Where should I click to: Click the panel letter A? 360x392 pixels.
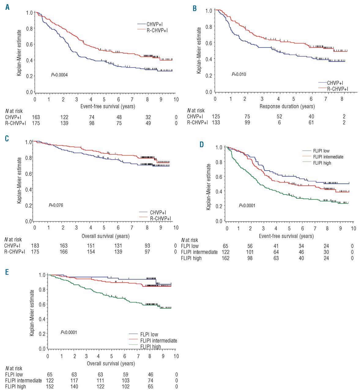pos(7,7)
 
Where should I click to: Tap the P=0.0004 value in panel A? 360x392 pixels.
pos(59,75)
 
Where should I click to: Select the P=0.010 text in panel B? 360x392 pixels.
pos(239,74)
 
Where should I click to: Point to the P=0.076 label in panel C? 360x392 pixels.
pos(56,205)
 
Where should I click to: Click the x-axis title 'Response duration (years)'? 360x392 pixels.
pos(287,106)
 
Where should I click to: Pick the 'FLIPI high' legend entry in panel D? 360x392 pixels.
pos(322,163)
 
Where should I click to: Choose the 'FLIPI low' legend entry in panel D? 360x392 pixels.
pos(321,151)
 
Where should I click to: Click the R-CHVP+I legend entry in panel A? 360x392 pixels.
pos(157,30)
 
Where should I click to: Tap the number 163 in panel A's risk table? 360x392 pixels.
pos(36,117)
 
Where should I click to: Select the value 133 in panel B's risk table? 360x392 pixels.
pos(216,123)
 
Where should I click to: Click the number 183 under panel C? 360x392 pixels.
pos(35,246)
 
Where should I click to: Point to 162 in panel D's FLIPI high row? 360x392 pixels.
pos(225,258)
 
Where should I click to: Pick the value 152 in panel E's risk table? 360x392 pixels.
pos(50,386)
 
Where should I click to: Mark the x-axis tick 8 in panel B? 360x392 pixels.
pos(342,99)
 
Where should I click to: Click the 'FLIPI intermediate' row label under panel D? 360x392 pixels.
pos(199,252)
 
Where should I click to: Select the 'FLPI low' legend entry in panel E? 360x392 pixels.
pos(149,334)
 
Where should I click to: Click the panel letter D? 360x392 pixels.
pos(202,144)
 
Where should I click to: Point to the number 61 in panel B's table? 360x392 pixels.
pos(311,123)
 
